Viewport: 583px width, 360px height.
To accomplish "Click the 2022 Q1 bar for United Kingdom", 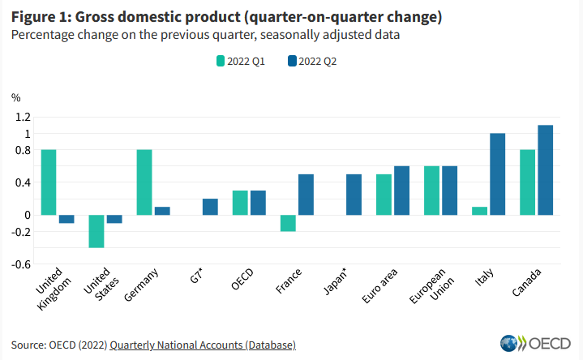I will (x=49, y=182).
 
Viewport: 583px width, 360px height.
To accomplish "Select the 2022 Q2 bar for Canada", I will (x=545, y=170).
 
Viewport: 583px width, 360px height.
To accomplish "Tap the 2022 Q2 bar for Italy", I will (x=497, y=174).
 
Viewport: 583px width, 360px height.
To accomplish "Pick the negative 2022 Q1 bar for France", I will (x=288, y=223).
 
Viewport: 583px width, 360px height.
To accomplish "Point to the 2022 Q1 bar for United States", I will (x=96, y=231).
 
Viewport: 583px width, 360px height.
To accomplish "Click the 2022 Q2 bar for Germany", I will (x=162, y=211).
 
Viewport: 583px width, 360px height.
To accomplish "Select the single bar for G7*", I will (x=210, y=207).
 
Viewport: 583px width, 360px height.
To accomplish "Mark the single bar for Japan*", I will (x=354, y=195).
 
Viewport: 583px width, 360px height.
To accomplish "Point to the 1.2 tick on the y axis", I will (x=21, y=117).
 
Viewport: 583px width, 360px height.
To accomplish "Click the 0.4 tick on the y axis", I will (x=21, y=182).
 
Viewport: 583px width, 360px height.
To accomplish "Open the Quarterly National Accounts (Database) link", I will (x=203, y=345).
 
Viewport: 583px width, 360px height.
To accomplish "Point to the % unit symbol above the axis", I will (x=14, y=97).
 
